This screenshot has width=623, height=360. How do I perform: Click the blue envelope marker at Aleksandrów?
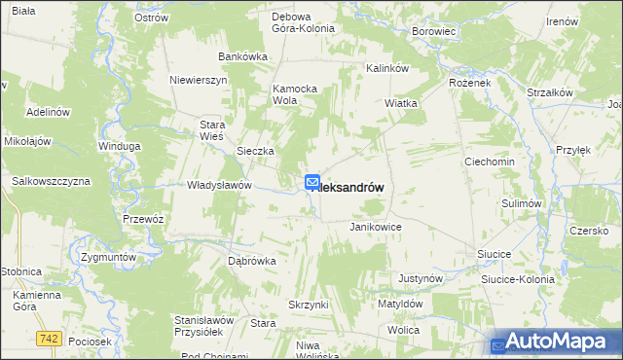(x=312, y=183)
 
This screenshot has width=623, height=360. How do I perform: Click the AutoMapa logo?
(x=556, y=342)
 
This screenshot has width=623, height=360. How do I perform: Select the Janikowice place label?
(x=376, y=227)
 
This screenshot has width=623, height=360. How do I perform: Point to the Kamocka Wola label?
(x=296, y=93)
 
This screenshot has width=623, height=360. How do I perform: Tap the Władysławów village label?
(x=220, y=185)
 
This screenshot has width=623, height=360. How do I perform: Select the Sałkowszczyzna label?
(x=51, y=182)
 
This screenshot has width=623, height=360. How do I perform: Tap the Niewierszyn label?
(x=198, y=80)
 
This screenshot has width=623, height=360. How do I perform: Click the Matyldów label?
(x=400, y=304)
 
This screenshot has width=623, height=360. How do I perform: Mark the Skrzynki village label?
(x=308, y=305)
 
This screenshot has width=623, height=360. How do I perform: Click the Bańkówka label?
(x=242, y=56)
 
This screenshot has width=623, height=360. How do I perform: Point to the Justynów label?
(x=421, y=278)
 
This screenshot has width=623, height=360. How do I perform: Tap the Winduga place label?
(x=120, y=146)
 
